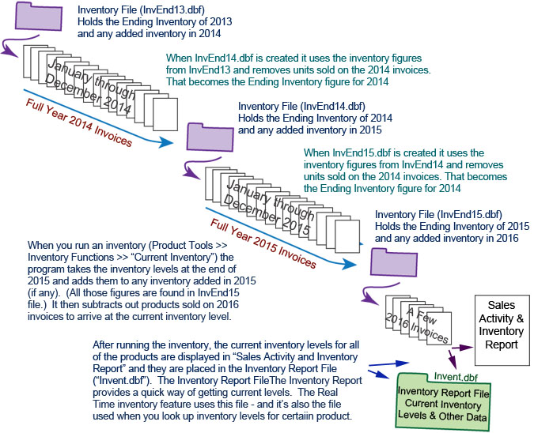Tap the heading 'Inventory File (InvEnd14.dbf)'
301,106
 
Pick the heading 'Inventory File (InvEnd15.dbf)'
437,214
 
